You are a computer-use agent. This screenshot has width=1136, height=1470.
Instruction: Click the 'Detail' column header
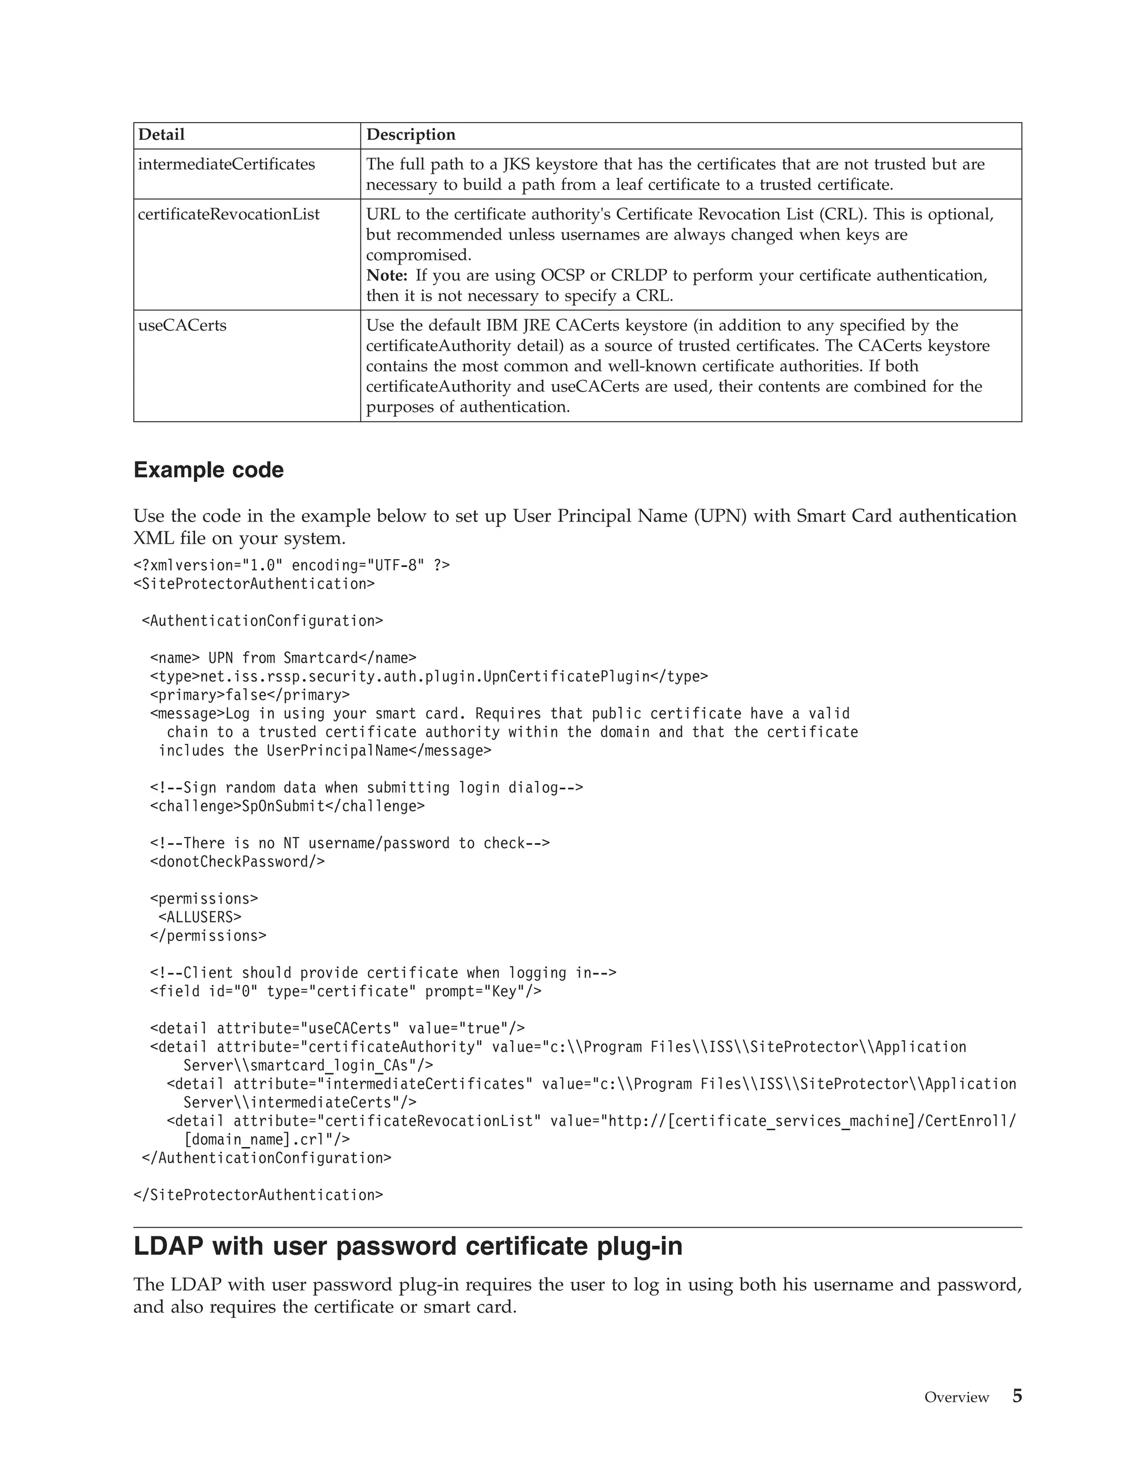161,135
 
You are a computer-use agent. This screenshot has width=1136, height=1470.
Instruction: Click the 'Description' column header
410,135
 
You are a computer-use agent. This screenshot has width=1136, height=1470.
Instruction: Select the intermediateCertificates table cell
226,164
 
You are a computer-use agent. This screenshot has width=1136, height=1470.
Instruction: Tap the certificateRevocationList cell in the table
229,215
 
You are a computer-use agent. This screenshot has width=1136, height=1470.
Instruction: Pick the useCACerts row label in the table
182,326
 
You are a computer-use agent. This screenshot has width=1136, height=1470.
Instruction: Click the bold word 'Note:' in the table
387,275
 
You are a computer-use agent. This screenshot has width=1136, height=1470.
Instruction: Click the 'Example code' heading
209,470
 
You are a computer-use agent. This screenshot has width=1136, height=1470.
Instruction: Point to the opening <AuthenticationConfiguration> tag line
262,621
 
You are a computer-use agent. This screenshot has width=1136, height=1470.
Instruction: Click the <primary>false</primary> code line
250,695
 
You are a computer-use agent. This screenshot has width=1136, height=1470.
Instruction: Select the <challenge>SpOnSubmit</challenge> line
287,805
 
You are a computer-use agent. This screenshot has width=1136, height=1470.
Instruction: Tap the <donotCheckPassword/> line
237,861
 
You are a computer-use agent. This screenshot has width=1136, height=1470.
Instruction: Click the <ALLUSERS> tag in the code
200,917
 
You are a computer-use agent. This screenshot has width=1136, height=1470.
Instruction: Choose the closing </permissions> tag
208,936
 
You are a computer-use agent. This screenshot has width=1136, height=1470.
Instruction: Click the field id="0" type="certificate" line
346,991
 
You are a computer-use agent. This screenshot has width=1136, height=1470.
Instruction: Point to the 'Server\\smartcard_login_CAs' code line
308,1066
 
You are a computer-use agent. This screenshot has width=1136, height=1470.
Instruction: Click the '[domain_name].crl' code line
266,1139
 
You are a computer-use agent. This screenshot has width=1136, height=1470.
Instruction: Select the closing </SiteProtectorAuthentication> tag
258,1195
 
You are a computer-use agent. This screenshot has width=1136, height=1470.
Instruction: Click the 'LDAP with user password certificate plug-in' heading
408,1246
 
